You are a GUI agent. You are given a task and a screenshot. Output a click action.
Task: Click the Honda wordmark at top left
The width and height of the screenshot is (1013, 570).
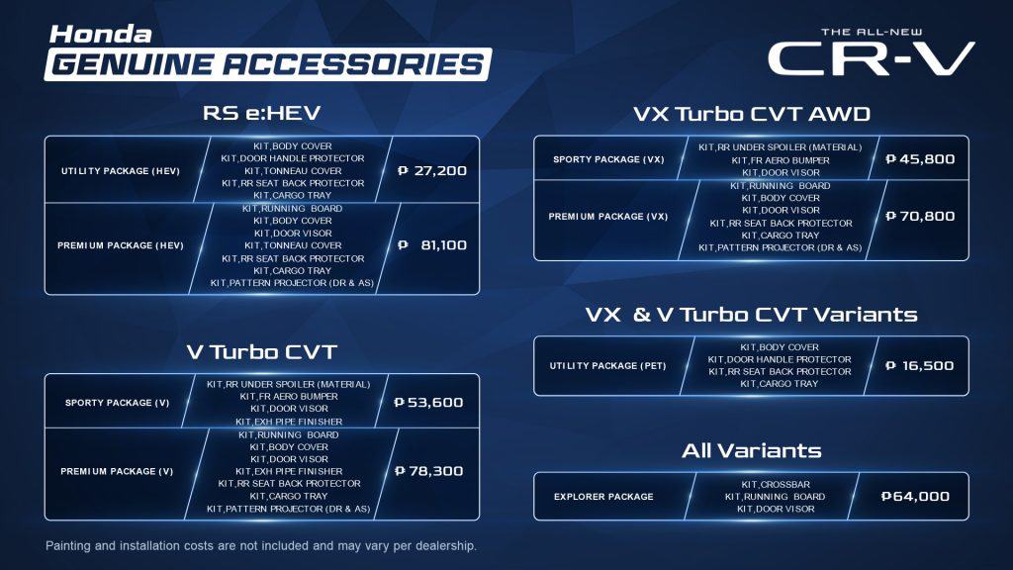100,35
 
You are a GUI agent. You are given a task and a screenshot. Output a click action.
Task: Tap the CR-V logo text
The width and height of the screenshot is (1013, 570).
871,58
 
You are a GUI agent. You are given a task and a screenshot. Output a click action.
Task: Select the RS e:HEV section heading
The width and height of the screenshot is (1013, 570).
261,113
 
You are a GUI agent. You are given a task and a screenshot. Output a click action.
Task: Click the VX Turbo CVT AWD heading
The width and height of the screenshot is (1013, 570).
752,115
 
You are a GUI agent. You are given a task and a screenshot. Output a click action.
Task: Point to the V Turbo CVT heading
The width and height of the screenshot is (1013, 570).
261,352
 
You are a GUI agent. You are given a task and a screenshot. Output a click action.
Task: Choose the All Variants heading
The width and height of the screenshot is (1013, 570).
752,450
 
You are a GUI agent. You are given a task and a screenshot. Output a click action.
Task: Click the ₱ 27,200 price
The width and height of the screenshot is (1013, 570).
432,170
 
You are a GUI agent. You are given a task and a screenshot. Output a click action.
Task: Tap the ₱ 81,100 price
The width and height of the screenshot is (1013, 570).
432,245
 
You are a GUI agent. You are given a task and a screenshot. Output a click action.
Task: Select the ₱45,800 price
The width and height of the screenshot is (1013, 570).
920,159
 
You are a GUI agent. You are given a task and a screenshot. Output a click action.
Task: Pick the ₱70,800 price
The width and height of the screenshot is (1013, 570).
920,216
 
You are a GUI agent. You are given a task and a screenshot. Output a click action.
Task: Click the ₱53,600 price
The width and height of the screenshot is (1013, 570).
428,402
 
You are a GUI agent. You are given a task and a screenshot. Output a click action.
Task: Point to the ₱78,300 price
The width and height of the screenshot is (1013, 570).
428,471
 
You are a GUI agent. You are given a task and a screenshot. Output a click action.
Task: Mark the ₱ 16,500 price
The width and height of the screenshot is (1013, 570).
919,366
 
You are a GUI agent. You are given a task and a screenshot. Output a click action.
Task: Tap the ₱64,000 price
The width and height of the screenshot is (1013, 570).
915,497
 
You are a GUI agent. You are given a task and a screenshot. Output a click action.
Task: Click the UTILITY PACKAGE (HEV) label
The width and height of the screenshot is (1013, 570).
121,171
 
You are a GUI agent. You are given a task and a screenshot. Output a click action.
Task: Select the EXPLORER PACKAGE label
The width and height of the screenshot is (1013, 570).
603,497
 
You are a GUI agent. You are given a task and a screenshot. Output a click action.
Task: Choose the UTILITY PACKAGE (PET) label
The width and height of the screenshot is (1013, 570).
608,366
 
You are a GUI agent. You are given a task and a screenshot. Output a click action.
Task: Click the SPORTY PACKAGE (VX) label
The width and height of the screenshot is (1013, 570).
608,159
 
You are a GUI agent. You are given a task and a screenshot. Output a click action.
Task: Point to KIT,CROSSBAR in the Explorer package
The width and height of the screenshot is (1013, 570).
776,484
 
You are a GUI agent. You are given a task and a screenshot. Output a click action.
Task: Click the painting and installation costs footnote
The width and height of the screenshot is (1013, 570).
261,546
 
